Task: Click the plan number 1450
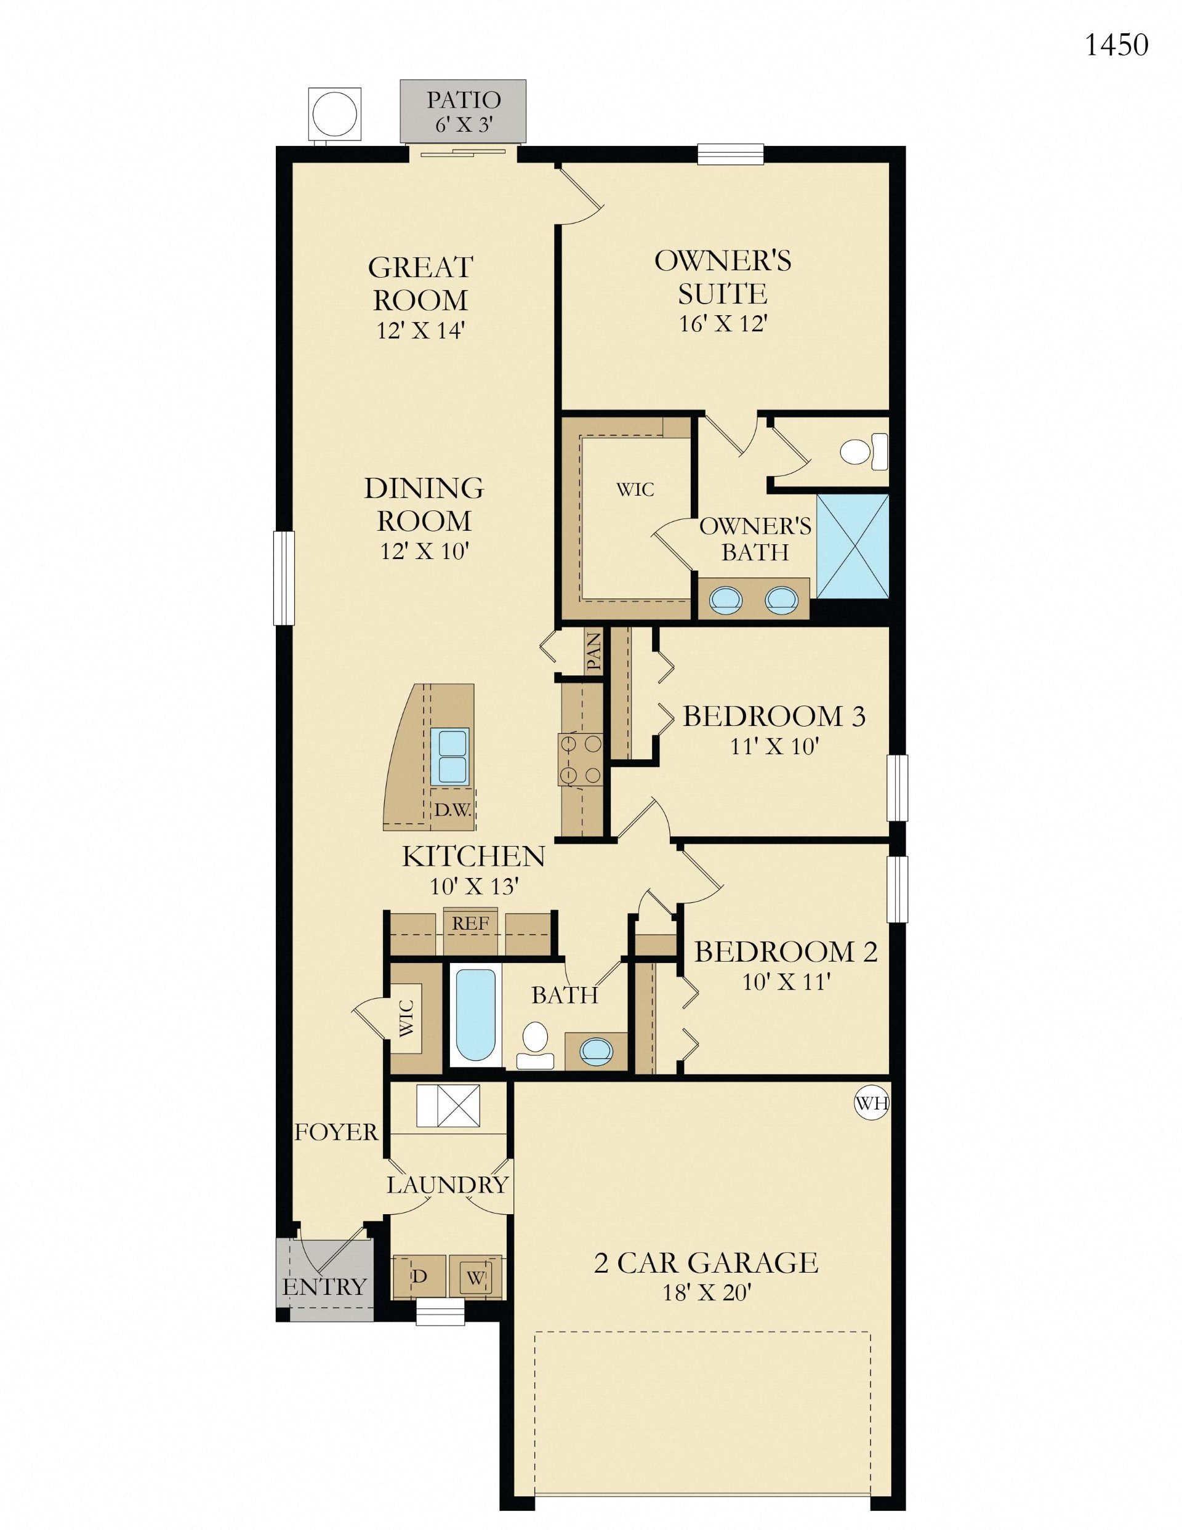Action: click(x=1116, y=45)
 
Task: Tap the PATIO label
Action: click(x=463, y=100)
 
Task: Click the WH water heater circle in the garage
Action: click(x=872, y=1103)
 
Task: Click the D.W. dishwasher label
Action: click(x=452, y=810)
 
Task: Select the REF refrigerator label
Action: click(x=470, y=924)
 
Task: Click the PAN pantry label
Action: click(x=593, y=651)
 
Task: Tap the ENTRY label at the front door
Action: click(x=324, y=1286)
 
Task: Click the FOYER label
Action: click(x=336, y=1132)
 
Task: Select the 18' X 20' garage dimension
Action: click(x=707, y=1292)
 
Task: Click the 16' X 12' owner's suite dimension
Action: click(x=724, y=324)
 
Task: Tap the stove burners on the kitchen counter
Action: click(x=579, y=759)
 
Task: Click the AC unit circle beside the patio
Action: click(x=335, y=113)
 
